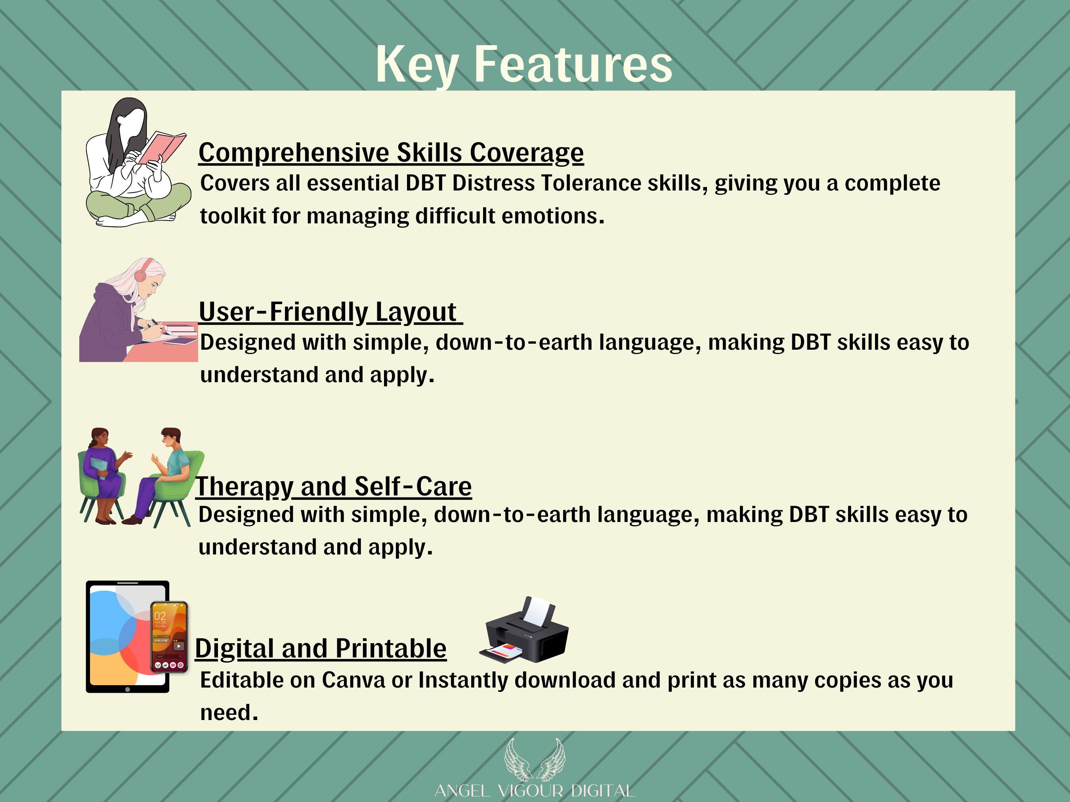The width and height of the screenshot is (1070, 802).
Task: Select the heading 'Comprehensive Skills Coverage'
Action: pyautogui.click(x=391, y=153)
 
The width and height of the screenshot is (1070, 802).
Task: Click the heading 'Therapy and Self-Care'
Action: pyautogui.click(x=334, y=486)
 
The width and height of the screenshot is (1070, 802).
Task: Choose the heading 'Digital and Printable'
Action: pyautogui.click(x=321, y=648)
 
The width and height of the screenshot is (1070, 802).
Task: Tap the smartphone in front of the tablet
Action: pyautogui.click(x=169, y=637)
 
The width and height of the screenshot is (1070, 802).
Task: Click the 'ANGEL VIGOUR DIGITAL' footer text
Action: pyautogui.click(x=535, y=791)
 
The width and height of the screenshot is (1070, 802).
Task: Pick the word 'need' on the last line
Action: pyautogui.click(x=229, y=713)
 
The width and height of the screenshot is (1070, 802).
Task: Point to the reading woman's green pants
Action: pyautogui.click(x=138, y=202)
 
